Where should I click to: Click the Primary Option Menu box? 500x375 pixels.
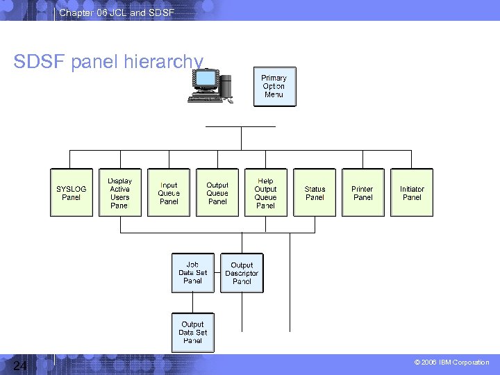click(274, 87)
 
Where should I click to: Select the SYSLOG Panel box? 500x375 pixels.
click(72, 192)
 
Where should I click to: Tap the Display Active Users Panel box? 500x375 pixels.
click(119, 192)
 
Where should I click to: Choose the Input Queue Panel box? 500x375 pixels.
click(169, 192)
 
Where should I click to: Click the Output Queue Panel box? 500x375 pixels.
click(217, 192)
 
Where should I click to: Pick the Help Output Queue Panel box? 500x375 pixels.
click(265, 192)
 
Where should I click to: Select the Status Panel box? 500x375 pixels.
click(315, 192)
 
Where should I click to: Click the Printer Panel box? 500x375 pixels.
click(362, 192)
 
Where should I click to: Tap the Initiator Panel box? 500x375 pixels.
click(412, 192)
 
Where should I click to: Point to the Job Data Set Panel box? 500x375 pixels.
click(192, 273)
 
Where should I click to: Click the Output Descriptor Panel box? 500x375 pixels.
click(242, 273)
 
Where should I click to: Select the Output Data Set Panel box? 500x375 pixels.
click(192, 333)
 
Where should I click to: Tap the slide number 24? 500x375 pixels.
click(19, 365)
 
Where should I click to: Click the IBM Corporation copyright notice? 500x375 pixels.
click(451, 362)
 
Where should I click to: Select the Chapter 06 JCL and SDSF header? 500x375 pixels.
click(117, 12)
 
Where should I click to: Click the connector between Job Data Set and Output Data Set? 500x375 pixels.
click(192, 303)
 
